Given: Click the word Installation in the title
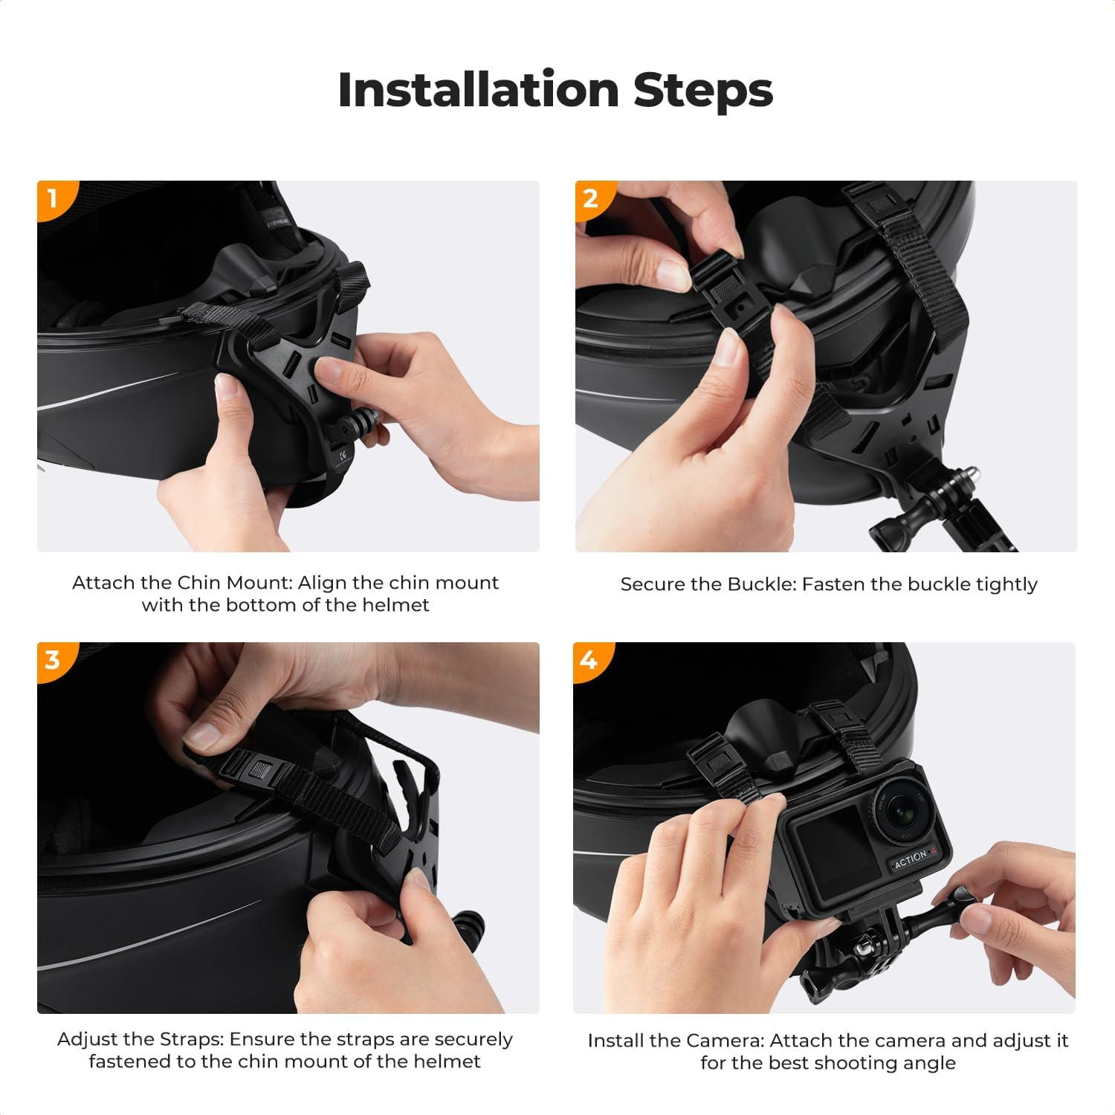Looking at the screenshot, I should pos(478,91).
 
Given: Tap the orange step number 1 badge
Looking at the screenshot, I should pos(52,198).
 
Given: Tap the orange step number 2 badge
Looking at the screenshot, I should pos(590,198).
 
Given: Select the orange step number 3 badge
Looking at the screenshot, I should pos(52,659).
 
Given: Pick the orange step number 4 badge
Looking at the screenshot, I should pos(589,659).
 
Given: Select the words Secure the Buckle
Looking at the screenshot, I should pos(708,584).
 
